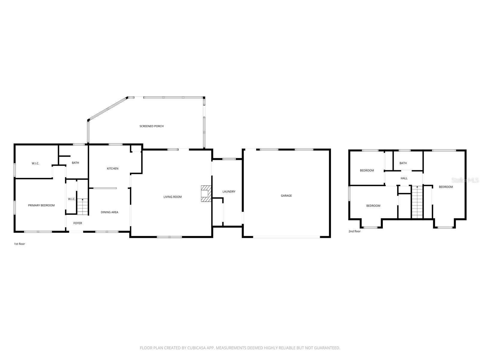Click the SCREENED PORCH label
click(x=151, y=126)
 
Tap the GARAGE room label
click(x=286, y=196)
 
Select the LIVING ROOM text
click(x=172, y=197)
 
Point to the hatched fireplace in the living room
click(x=206, y=193)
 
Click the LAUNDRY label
click(x=229, y=191)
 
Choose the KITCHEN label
click(x=112, y=169)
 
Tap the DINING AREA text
click(x=109, y=212)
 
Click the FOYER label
click(x=78, y=223)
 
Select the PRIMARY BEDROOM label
click(x=41, y=205)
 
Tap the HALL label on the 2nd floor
click(x=404, y=178)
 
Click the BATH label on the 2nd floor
click(x=403, y=163)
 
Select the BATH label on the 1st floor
click(x=75, y=163)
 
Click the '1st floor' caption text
click(x=19, y=244)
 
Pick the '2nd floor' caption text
click(x=355, y=231)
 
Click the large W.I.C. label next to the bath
click(x=35, y=163)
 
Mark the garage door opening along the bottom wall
click(x=286, y=237)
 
